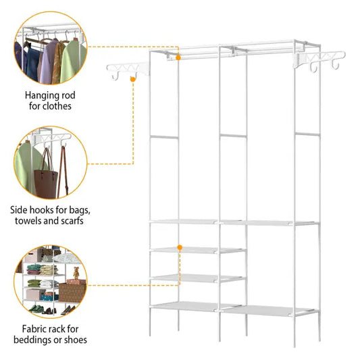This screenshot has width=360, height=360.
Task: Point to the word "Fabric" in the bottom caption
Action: pyautogui.click(x=35, y=329)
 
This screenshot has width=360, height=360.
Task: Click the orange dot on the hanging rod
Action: pyautogui.click(x=178, y=58)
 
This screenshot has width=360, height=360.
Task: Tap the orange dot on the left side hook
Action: pyautogui.click(x=133, y=79)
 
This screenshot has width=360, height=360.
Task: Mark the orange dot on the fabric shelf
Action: pyautogui.click(x=180, y=248)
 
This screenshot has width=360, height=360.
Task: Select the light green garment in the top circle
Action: pyautogui.click(x=73, y=61)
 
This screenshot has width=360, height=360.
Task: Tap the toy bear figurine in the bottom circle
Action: pyautogui.click(x=75, y=275)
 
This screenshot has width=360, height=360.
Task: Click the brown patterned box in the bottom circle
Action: pyautogui.click(x=73, y=292)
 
